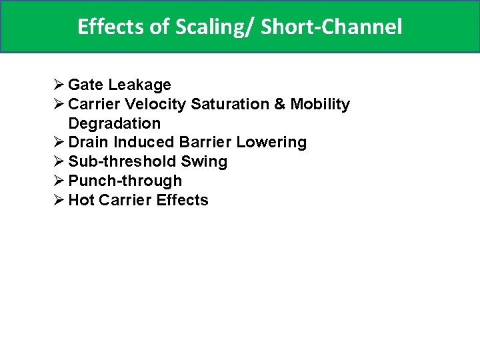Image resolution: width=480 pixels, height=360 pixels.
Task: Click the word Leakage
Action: point(139,85)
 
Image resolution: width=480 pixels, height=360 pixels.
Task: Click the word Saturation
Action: point(231,105)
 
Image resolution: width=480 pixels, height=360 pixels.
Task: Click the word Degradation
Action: point(114,124)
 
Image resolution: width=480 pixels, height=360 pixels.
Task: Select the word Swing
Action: point(204,162)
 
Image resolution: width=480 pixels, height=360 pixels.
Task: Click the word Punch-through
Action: point(125,181)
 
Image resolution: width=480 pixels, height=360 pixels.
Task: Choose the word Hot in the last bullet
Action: point(82,200)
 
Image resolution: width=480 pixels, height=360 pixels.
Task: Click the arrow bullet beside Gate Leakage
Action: point(59,85)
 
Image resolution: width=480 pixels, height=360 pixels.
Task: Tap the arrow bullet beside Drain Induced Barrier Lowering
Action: point(59,143)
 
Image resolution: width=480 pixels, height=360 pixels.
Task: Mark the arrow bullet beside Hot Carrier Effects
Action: point(59,200)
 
